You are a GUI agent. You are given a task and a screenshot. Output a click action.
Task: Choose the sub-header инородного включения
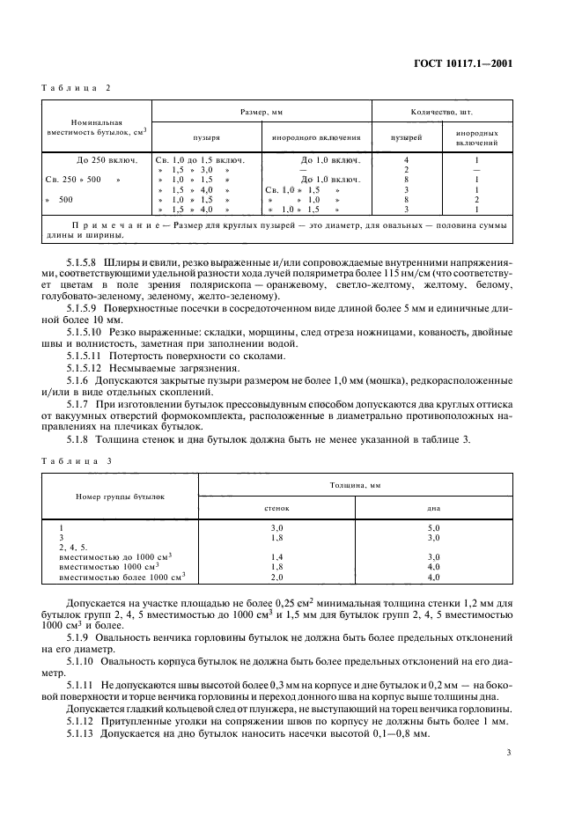316,138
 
